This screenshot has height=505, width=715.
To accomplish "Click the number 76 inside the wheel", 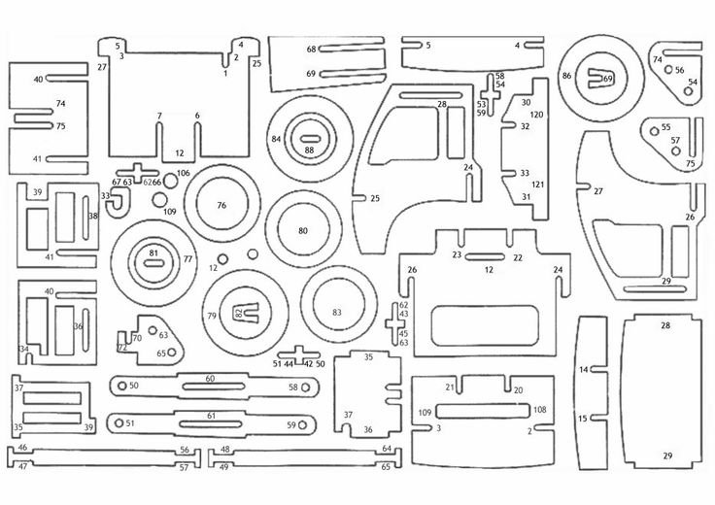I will tap(221, 206).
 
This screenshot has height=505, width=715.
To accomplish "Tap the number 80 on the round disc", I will tap(303, 231).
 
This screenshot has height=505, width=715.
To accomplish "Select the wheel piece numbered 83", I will tap(336, 313).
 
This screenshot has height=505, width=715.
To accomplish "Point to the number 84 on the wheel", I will tap(276, 140).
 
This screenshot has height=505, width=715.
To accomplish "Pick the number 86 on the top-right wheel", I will tap(566, 75).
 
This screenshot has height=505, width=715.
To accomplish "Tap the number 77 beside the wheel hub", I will tap(188, 260).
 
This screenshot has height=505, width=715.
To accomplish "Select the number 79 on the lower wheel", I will tap(211, 317).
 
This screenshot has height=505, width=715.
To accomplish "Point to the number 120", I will tap(536, 115).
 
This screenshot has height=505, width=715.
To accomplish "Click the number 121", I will tap(536, 185).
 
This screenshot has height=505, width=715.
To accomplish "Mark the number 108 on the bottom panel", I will tap(540, 410).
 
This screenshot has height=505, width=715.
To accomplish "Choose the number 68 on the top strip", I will tap(311, 49).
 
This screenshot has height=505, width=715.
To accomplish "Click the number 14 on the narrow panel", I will tap(584, 370).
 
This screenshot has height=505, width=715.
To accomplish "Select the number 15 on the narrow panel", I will tap(584, 419).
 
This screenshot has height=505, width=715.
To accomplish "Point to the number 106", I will tap(183, 173).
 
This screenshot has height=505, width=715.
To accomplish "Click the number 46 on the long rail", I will tap(21, 448).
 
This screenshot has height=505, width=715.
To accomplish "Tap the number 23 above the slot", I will tap(456, 255).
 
